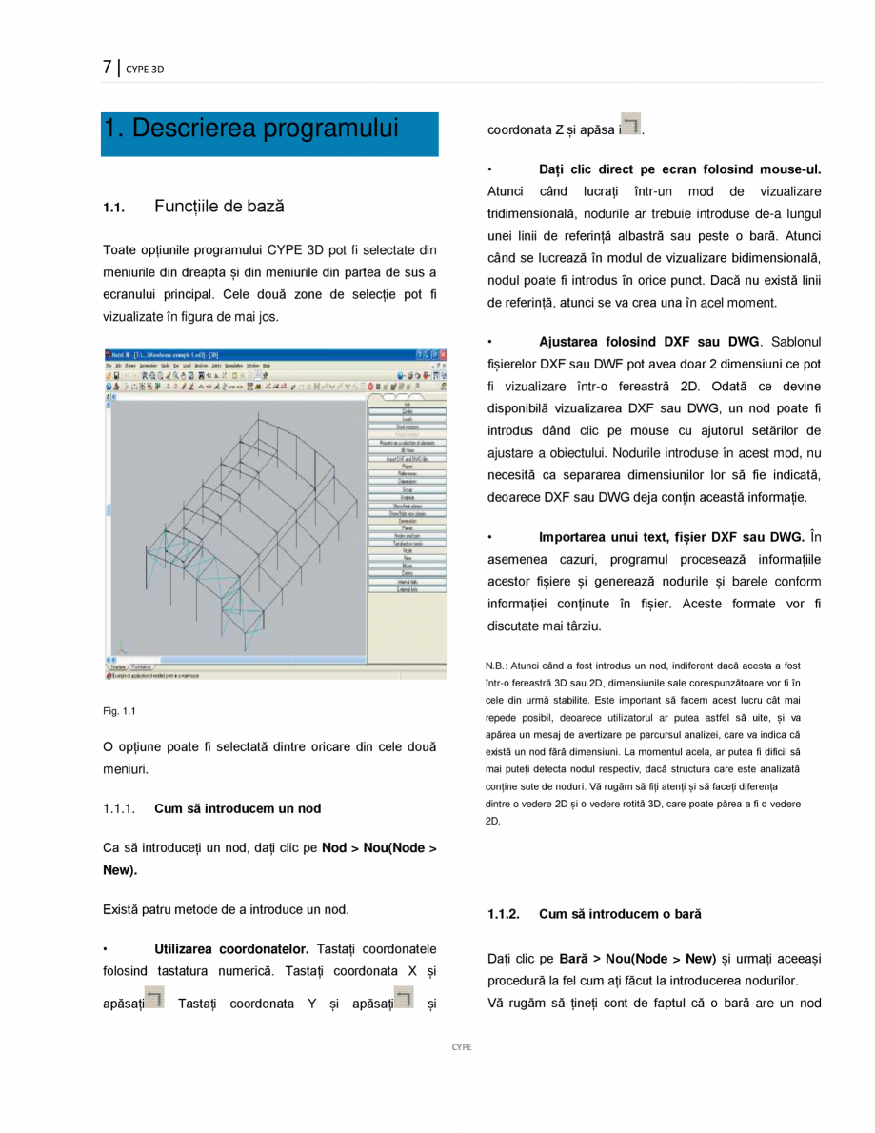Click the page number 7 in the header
coord(108,68)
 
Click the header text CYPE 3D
coord(145,70)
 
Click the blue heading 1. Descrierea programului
coord(251,129)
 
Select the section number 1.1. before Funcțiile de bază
coord(114,208)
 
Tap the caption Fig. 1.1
coord(120,711)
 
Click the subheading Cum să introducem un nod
coord(237,808)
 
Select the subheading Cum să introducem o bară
coord(620,914)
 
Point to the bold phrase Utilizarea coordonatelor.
coord(231,948)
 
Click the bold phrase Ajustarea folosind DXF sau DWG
coord(649,341)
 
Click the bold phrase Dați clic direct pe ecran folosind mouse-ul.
coord(680,169)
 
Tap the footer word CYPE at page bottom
coord(461,1046)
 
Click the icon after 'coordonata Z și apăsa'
coord(630,124)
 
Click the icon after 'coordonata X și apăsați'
coord(155,998)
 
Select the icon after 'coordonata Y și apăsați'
coord(405,998)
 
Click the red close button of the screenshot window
coord(443,354)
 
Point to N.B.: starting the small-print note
coord(500,666)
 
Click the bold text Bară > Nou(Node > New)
coord(637,958)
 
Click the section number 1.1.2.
coord(504,914)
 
